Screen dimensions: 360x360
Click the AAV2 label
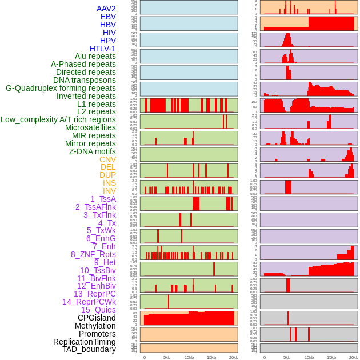pos(106,9)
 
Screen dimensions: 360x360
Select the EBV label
pos(108,17)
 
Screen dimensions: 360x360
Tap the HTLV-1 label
pos(103,49)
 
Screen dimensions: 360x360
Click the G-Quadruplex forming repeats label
pos(61,88)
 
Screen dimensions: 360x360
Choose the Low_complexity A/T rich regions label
pos(58,119)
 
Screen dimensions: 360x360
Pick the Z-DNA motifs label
pos(93,151)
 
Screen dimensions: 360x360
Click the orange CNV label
pos(107,159)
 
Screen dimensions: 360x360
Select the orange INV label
pos(109,191)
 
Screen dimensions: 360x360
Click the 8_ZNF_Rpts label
pos(93,254)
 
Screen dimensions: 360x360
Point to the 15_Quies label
pos(98,310)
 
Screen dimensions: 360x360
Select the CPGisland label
pos(97,318)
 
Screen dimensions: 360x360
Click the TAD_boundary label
pos(89,349)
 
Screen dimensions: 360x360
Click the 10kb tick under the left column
pos(189,357)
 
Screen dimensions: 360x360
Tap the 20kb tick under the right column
pos(354,357)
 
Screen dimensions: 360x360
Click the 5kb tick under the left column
pos(167,357)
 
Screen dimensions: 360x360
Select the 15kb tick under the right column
pos(331,357)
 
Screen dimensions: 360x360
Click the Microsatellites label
pos(90,127)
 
